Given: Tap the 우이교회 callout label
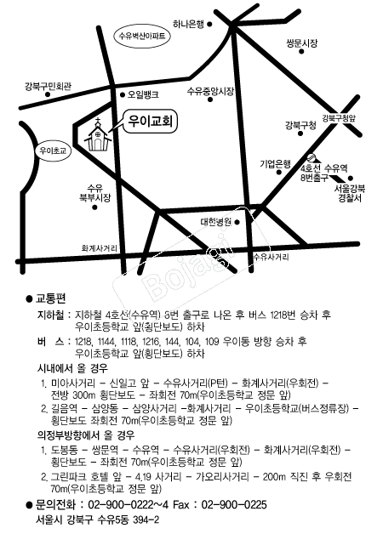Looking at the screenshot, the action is coord(151,122).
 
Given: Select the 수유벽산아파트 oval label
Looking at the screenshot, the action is coord(142,36).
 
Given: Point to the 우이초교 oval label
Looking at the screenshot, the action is coord(53,151).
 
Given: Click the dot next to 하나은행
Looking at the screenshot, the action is coord(210,24).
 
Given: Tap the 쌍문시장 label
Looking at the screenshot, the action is coord(302,43).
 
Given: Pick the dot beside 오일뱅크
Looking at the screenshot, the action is coord(123,95).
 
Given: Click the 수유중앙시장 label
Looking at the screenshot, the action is coord(210,91).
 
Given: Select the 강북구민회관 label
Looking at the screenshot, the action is coord(48,86).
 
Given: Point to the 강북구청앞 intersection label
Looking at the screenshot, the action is coord(339,118).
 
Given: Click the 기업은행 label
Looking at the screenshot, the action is coord(275,164).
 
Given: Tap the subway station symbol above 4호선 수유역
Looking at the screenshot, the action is coord(312,157).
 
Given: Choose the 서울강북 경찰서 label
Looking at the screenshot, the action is coord(350,193).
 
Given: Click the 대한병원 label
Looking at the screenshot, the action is coord(216,223).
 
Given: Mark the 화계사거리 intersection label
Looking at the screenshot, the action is coord(100,248).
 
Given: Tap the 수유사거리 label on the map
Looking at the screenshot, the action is coord(271,257).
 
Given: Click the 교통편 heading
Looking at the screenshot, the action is coord(51,298).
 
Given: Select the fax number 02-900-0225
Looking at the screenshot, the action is coord(234,504).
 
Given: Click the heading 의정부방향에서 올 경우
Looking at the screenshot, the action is coord(86,435).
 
